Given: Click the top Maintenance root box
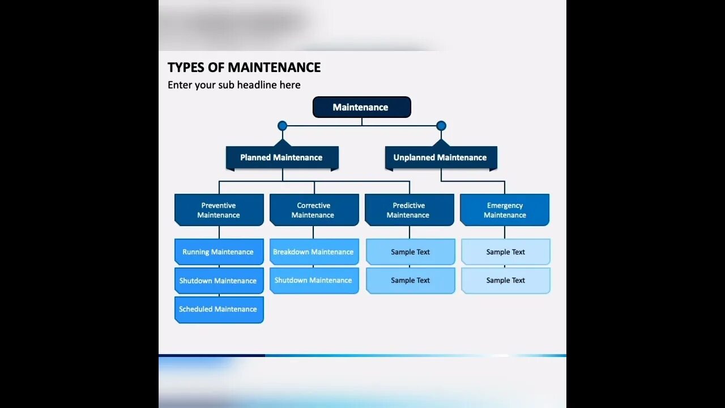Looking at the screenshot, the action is (x=361, y=107).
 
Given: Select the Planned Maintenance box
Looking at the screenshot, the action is (x=282, y=158).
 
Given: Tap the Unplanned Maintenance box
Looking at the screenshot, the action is (x=440, y=158).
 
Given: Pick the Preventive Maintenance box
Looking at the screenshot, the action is (x=219, y=210).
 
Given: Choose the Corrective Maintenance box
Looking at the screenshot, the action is (x=314, y=210).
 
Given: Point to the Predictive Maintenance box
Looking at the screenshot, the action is (x=409, y=210).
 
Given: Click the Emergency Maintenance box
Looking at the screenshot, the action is (x=505, y=210).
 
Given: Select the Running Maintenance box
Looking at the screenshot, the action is (x=219, y=252).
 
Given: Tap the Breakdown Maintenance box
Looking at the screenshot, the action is (x=314, y=252).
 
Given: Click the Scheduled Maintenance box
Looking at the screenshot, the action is (x=219, y=309).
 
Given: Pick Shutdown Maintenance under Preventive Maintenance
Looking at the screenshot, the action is (x=219, y=280).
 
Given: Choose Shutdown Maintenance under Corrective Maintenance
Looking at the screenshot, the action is (x=314, y=280).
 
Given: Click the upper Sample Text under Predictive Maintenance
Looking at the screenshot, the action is (x=410, y=252).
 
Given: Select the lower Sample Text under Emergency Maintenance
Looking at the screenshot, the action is (x=505, y=280).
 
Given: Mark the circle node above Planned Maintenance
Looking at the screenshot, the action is (x=282, y=126).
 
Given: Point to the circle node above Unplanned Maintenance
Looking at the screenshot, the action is (x=441, y=126).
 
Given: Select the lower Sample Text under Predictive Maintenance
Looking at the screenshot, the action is (x=410, y=280).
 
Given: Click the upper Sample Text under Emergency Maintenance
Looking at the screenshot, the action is (x=505, y=252).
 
